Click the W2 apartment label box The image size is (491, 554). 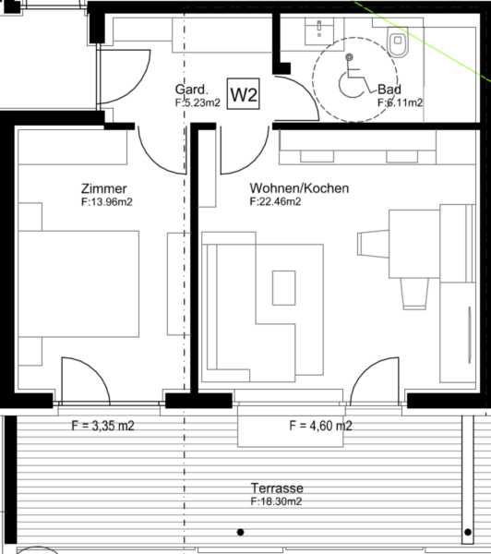243,94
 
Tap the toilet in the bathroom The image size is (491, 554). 398,42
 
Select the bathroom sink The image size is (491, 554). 319,31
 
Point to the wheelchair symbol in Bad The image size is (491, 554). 354,76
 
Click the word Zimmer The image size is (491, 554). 104,188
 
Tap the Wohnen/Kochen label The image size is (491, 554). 299,188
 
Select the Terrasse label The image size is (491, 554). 277,488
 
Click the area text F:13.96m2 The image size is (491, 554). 107,202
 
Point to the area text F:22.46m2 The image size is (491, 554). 275,201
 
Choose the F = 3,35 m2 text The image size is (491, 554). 102,426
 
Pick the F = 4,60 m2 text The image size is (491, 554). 321,426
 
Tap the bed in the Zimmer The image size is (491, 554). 78,283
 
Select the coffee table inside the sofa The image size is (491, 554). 283,287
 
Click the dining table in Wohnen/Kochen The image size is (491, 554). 414,244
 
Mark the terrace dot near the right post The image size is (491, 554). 468,532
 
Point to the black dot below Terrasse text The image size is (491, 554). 240,532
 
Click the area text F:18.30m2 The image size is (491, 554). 276,501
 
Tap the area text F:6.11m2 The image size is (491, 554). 401,102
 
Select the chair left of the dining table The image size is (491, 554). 373,244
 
